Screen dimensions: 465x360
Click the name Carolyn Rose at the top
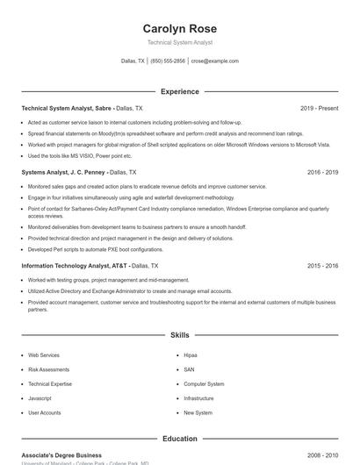(179, 28)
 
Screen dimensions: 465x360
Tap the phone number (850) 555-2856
(168, 61)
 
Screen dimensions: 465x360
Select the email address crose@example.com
(214, 61)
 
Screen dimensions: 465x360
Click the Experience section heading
(179, 91)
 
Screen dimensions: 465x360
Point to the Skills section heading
(179, 335)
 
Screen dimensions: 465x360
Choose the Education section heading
(179, 439)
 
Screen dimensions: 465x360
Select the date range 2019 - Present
(319, 108)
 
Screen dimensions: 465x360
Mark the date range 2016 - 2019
(322, 173)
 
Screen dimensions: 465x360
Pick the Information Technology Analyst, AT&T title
(75, 265)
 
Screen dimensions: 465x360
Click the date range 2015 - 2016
(322, 265)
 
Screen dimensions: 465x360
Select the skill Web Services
(44, 355)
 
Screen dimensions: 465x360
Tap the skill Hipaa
(191, 355)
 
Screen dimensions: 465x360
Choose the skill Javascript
(40, 398)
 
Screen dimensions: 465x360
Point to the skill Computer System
(204, 384)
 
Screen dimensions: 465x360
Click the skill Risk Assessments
(48, 369)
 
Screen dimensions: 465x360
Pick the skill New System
(198, 412)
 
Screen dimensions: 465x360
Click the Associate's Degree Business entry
(61, 455)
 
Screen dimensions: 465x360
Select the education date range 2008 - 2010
(322, 455)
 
